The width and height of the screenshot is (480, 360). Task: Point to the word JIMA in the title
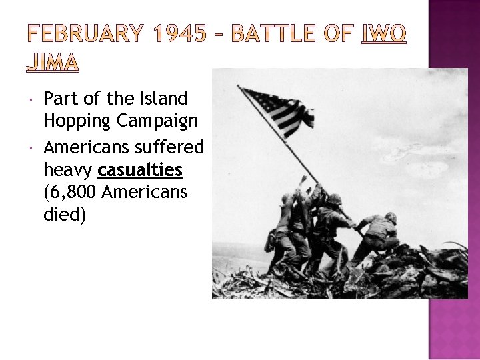pyautogui.click(x=53, y=62)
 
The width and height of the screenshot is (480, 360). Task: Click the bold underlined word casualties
pyautogui.click(x=140, y=170)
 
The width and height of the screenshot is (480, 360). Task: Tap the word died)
pyautogui.click(x=64, y=216)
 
